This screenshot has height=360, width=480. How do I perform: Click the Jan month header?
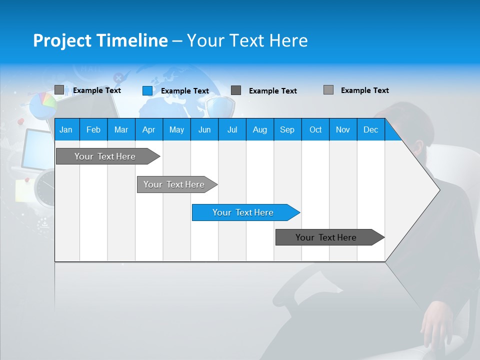(x=66, y=130)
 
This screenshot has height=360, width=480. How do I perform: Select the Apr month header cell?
(x=148, y=130)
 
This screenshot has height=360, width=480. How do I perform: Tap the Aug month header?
(x=259, y=130)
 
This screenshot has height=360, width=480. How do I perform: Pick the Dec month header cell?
(x=370, y=130)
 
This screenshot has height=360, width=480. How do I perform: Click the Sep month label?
(x=287, y=130)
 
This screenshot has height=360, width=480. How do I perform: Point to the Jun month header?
(x=204, y=130)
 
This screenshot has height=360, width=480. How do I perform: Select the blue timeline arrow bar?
(x=243, y=212)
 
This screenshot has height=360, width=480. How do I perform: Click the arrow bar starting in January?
(x=105, y=156)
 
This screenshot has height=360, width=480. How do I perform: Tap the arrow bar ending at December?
(x=326, y=237)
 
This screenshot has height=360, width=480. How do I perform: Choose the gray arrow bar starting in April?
(x=174, y=184)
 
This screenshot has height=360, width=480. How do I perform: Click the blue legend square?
(x=147, y=90)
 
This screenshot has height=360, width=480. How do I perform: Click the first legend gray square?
(x=59, y=90)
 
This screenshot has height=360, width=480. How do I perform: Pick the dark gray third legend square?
(x=236, y=90)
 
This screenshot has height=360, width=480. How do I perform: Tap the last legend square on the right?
(x=328, y=90)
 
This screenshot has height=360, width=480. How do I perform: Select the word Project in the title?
(x=61, y=40)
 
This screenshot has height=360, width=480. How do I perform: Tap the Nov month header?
(x=342, y=130)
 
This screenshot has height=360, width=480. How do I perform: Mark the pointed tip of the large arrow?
(x=439, y=189)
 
